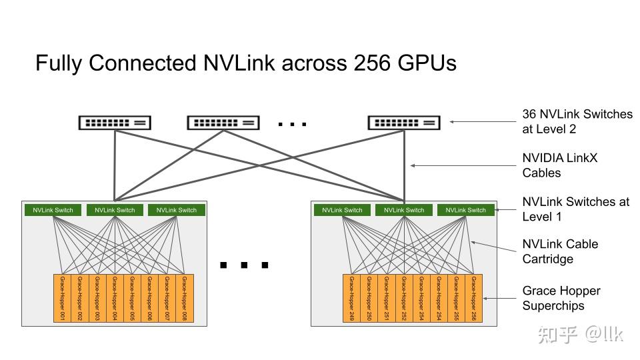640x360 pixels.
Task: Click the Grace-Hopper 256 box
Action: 473,298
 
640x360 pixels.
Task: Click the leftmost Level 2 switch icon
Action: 115,123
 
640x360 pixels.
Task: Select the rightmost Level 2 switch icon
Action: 404,123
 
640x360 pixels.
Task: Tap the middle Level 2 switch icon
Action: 223,123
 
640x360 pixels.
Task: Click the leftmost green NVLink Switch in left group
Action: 53,210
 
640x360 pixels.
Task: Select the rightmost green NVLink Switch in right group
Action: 466,210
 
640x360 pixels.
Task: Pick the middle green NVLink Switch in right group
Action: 404,210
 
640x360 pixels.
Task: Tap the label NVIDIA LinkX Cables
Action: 560,165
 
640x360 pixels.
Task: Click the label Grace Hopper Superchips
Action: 561,298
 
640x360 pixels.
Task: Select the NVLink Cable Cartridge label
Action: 560,251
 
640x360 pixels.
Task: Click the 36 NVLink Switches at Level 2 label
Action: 577,121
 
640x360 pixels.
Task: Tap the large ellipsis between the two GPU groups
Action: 244,265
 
